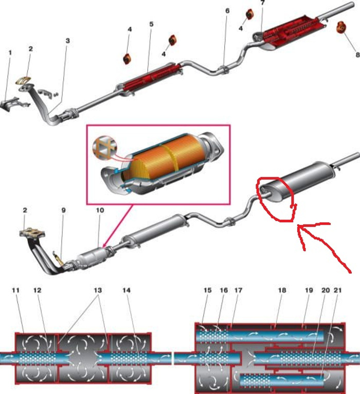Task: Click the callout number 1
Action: pos(10,53)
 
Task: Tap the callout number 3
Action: pos(67,41)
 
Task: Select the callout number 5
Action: pos(151,24)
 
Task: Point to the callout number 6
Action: pos(227,11)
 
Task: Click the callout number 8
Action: pos(357,55)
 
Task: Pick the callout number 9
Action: pos(64,210)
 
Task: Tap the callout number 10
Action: pos(100,210)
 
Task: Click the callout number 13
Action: pos(98,290)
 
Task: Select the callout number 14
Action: pos(127,290)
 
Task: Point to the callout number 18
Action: pos(282,290)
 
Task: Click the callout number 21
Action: pos(338,290)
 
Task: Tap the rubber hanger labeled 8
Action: pos(341,27)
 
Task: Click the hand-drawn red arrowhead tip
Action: pos(298,226)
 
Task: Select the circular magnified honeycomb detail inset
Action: pos(104,147)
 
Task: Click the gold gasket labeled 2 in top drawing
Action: pos(23,81)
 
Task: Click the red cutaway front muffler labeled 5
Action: pos(150,78)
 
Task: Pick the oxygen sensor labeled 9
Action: pos(58,258)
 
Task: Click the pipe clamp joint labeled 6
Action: pos(224,70)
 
